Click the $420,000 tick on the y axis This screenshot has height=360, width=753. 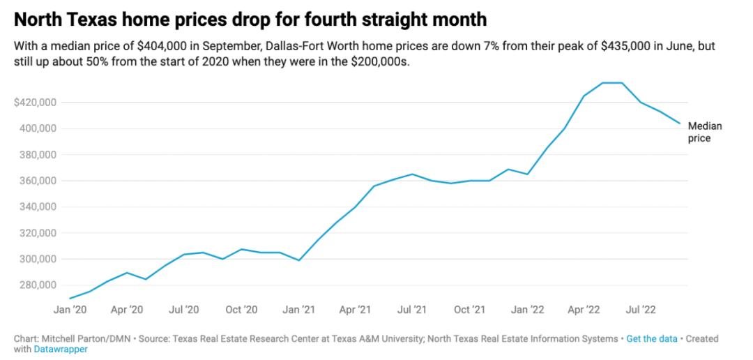coord(35,103)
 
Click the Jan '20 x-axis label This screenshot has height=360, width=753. coord(70,308)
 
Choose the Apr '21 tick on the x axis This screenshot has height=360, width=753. coord(355,308)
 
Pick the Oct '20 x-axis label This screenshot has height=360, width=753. coord(241,308)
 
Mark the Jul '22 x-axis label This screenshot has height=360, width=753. coord(641,308)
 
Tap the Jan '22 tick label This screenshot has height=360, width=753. coord(527,308)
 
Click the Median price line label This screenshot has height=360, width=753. coord(704,132)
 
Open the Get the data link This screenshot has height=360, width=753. coord(651,338)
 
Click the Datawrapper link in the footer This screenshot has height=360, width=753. coord(61,349)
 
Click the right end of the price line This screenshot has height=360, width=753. coord(679,123)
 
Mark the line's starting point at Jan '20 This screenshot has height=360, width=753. coord(70,298)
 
